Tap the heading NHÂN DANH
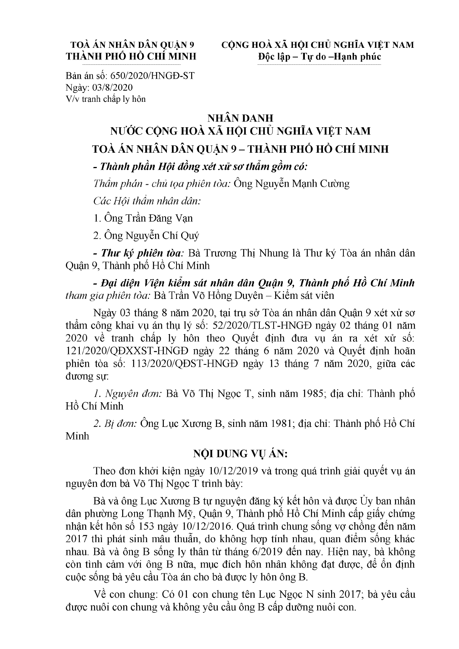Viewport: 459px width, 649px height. point(240,118)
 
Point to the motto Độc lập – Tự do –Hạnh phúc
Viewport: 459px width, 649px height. point(319,56)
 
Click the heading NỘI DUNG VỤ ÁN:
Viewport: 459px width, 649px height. point(240,454)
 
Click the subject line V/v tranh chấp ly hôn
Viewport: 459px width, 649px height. point(106,99)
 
